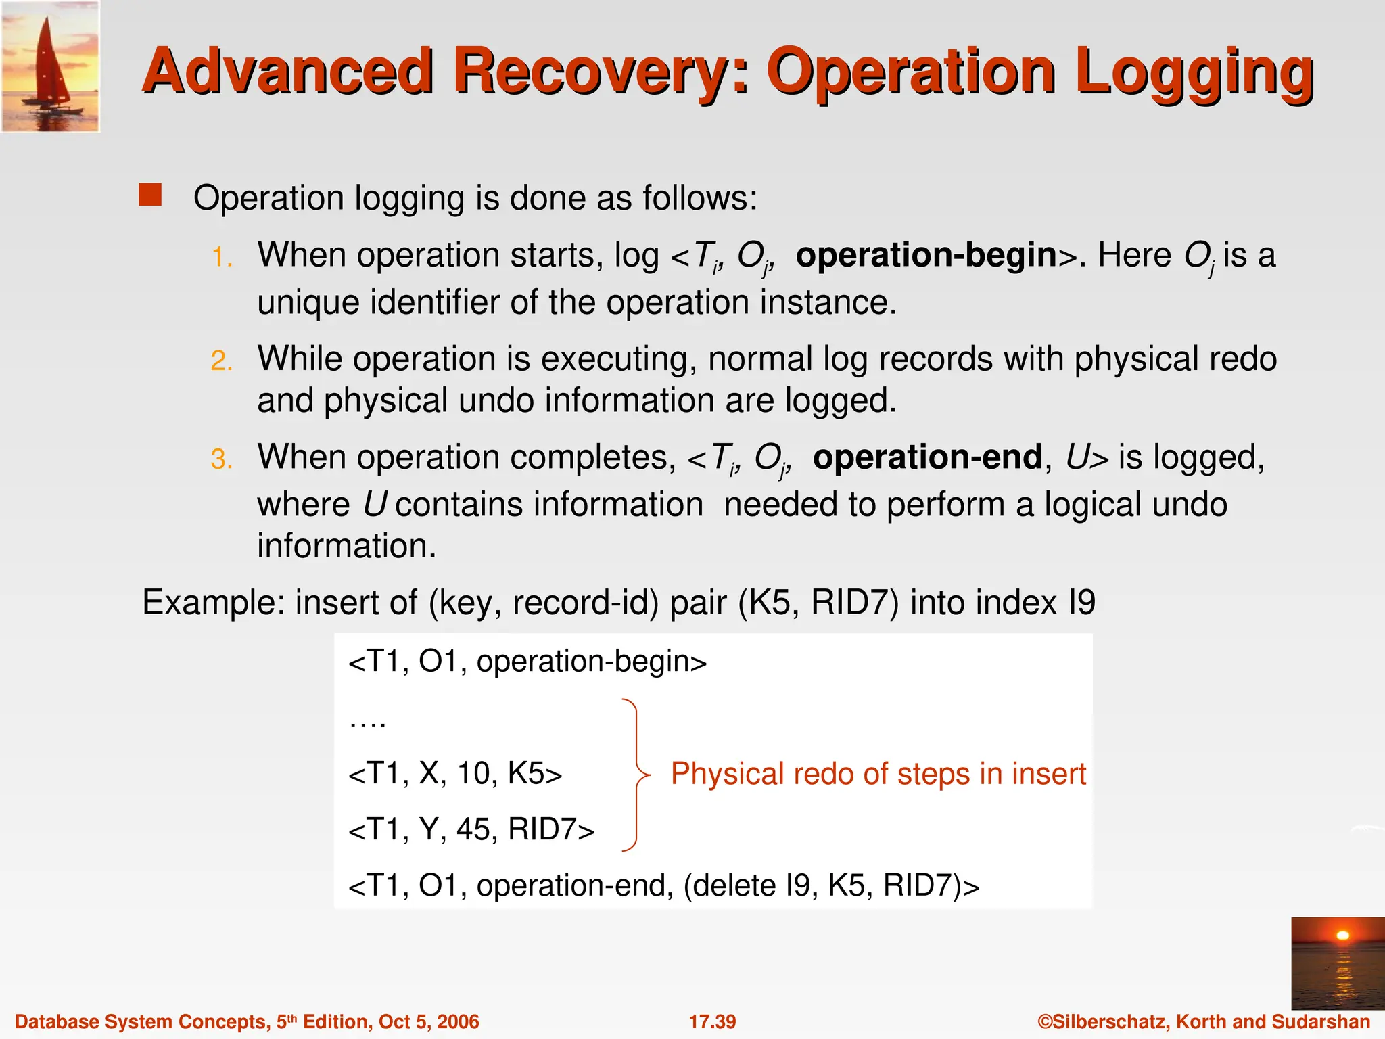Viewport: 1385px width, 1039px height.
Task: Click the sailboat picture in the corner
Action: click(50, 66)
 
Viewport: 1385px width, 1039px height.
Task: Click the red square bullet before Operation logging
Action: click(150, 195)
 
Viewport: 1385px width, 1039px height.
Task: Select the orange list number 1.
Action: click(222, 258)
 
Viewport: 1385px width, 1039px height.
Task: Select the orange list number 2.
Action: click(222, 361)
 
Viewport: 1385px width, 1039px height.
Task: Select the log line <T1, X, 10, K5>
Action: click(455, 774)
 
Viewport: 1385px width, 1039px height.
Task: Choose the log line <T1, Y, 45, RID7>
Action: click(471, 830)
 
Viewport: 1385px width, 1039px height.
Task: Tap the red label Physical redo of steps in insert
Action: click(878, 774)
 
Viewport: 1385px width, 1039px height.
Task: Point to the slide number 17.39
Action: click(712, 1021)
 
